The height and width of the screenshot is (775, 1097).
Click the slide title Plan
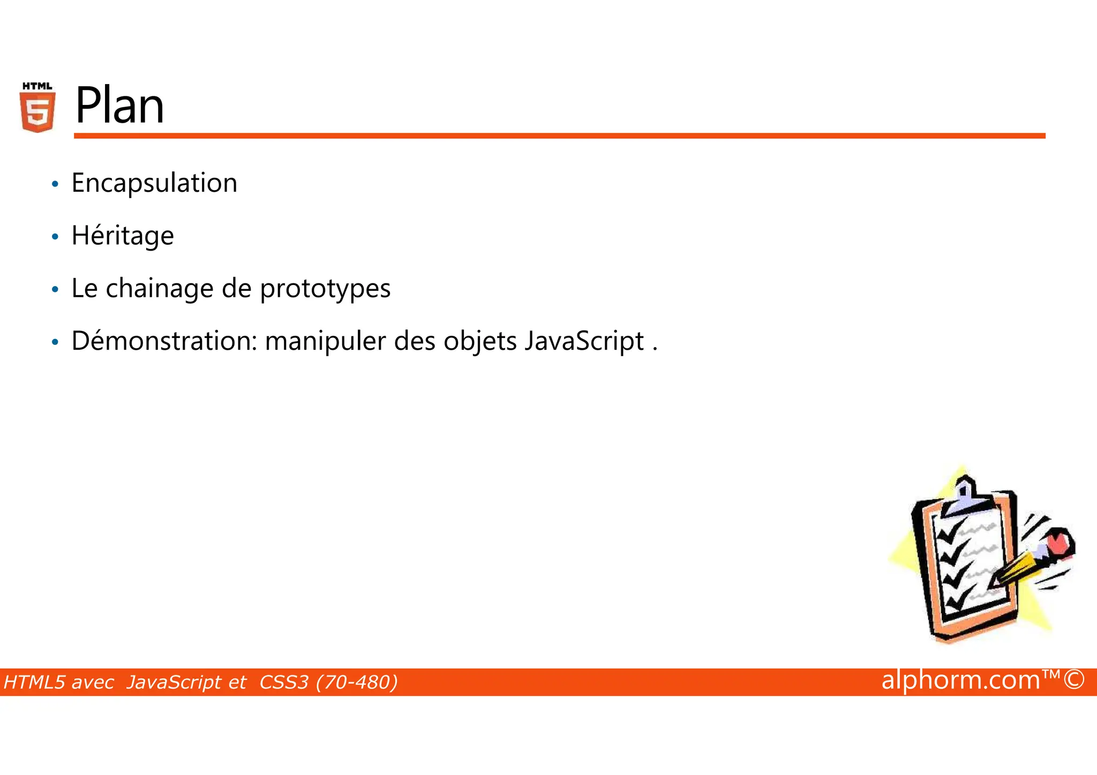tap(119, 106)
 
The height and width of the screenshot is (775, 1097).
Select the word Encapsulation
tap(154, 183)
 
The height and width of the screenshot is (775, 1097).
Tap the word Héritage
tap(123, 236)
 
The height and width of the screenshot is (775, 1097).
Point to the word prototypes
tap(325, 289)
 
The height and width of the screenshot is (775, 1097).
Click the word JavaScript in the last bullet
tap(584, 341)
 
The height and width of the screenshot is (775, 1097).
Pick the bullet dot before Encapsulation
tap(55, 184)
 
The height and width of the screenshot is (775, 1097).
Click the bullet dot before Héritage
tap(55, 237)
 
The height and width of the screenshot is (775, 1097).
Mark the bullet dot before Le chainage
tap(55, 289)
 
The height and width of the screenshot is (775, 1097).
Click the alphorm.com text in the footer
tap(960, 680)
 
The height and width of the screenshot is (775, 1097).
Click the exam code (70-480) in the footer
tap(357, 682)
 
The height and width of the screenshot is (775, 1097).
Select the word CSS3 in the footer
tap(284, 682)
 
